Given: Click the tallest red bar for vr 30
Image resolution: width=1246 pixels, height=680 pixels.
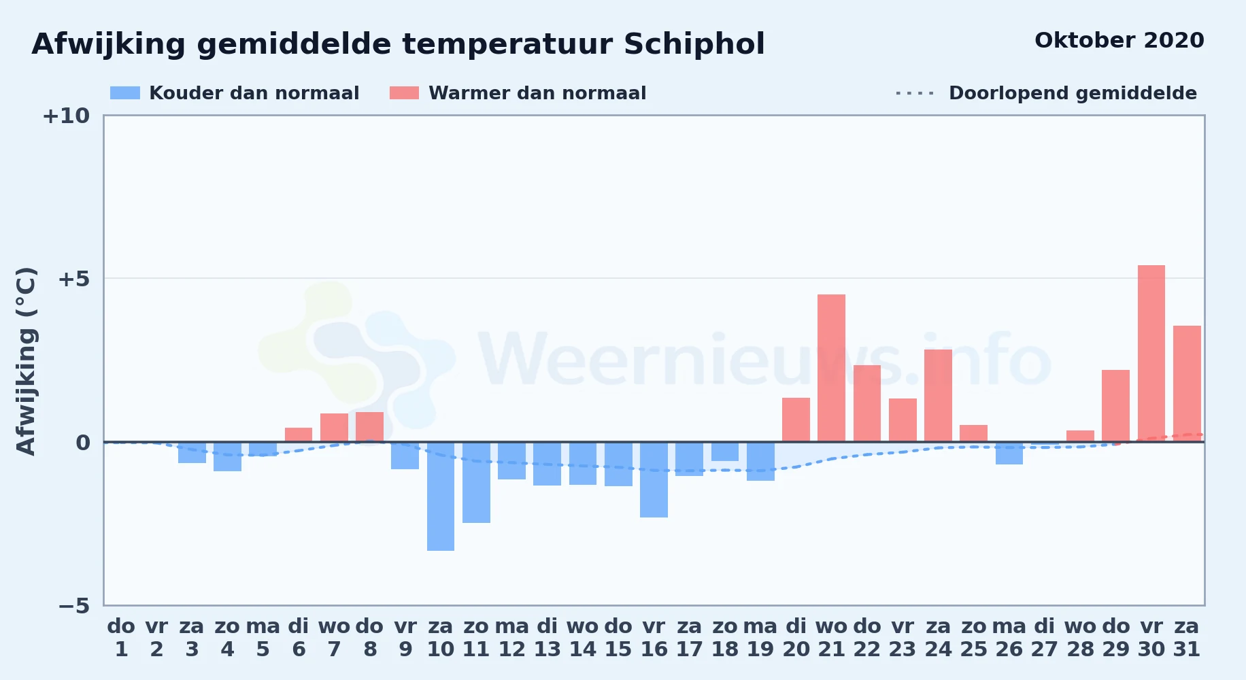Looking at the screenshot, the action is [1151, 354].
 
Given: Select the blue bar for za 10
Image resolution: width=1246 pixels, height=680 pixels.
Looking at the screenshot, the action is [441, 496].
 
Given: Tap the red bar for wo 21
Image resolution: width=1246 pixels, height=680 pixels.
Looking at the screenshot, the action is [831, 368].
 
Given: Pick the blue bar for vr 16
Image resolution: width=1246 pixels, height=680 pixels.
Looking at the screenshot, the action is [654, 479].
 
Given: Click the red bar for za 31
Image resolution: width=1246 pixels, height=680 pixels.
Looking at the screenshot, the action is [1187, 384].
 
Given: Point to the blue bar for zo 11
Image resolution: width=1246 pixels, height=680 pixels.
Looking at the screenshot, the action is [476, 482].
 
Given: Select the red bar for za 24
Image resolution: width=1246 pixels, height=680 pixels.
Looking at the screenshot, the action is [938, 396].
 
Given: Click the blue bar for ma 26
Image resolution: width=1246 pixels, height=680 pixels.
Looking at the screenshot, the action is [1009, 453].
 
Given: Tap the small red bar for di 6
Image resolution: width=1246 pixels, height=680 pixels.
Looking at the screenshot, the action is [299, 435].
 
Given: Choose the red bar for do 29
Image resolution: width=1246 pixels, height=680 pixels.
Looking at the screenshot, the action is [1115, 406].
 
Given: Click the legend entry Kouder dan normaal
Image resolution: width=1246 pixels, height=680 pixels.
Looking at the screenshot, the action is [235, 93].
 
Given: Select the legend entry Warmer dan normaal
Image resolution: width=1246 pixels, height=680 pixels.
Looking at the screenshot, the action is [518, 93].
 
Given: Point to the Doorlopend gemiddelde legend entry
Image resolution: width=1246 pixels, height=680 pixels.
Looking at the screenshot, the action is [1047, 93].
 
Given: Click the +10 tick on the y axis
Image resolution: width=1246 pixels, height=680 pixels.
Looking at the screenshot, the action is [66, 116].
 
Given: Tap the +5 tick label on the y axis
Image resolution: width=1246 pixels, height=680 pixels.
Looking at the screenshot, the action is [73, 279].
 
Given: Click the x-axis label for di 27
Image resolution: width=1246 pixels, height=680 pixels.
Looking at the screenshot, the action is [1045, 638].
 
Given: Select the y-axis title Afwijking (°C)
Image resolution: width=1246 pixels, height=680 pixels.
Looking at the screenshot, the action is [26, 361].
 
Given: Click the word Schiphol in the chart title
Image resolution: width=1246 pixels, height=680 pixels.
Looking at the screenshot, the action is [694, 44].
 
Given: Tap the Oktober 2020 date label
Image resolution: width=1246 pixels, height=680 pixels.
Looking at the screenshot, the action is [1119, 41].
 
